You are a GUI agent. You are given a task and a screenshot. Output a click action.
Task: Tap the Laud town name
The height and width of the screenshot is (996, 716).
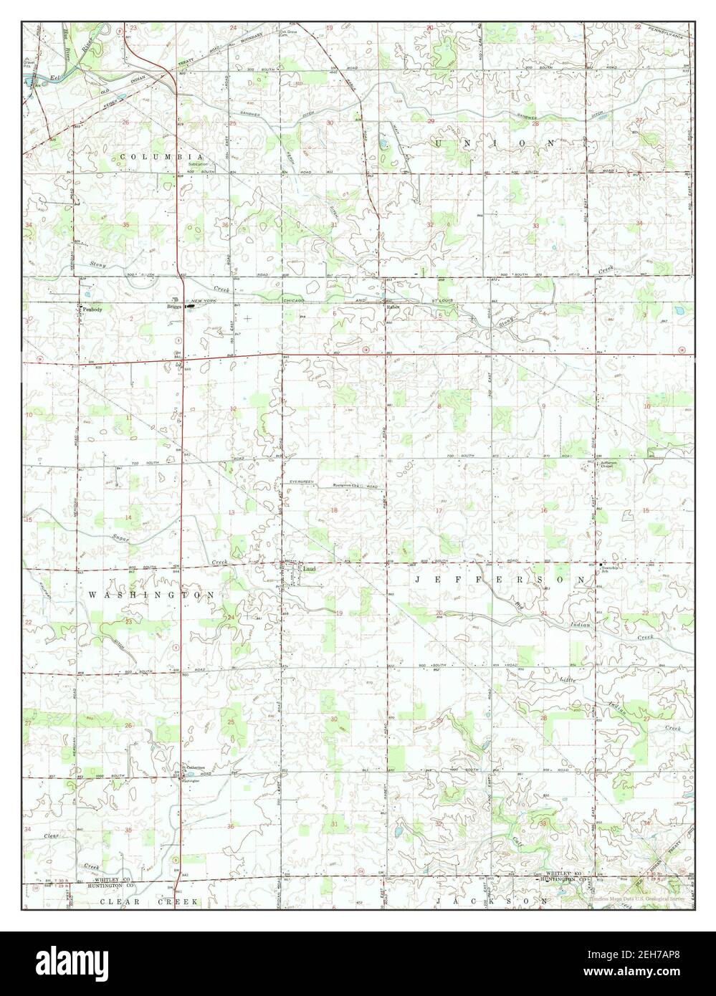click(x=309, y=569)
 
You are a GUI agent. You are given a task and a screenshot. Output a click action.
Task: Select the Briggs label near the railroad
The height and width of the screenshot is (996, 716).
click(x=174, y=307)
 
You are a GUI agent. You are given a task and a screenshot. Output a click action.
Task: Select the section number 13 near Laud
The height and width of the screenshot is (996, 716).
click(x=231, y=513)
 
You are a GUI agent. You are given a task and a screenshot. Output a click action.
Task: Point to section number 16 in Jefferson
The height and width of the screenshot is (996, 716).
click(x=544, y=510)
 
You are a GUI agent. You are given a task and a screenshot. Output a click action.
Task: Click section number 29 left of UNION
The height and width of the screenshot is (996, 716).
click(x=431, y=122)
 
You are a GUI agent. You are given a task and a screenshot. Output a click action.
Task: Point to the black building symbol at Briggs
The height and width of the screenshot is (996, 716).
click(x=189, y=307)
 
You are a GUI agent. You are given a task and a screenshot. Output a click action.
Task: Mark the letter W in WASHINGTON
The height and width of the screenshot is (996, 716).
click(x=92, y=595)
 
